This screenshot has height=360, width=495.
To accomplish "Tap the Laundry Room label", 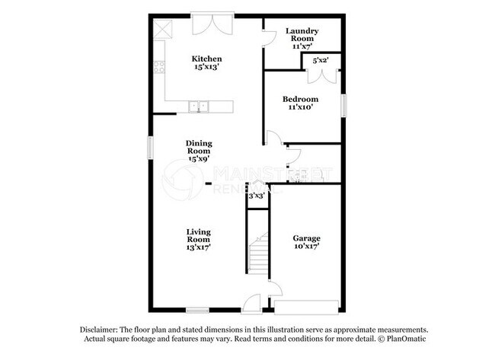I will [x=302, y=35].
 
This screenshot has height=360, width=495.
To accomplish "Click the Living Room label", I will [x=199, y=235].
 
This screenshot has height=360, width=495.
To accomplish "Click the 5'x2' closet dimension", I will [x=321, y=59].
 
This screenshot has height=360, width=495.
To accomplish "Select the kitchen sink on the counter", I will [x=200, y=107].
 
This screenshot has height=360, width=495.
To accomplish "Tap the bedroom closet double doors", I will [x=321, y=75].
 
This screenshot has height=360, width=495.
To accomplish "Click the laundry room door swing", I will [x=269, y=37].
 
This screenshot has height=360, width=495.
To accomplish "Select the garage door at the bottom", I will [x=306, y=307].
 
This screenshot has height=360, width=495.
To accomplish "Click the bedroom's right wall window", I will [x=343, y=105].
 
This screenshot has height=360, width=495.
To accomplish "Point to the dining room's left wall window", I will [x=150, y=148].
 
